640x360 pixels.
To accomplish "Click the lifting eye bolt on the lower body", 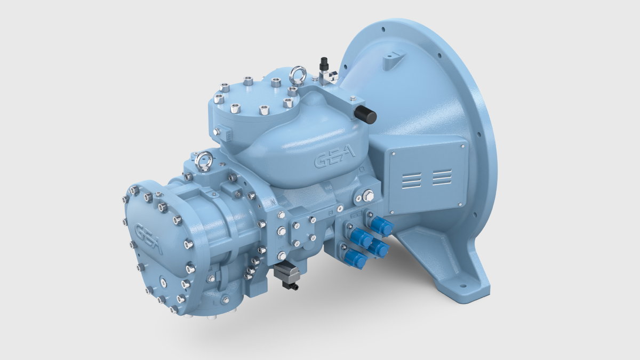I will coord(204,161).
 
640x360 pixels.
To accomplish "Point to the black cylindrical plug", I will coord(366,114).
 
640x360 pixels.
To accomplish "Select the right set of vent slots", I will coord(442,177).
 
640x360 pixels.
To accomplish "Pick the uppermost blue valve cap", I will coord(381,227).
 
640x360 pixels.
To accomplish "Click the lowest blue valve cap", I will coord(355,260).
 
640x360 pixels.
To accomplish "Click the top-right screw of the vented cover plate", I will coord(462,146).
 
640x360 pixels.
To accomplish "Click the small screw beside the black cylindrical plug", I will coord(353,98).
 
